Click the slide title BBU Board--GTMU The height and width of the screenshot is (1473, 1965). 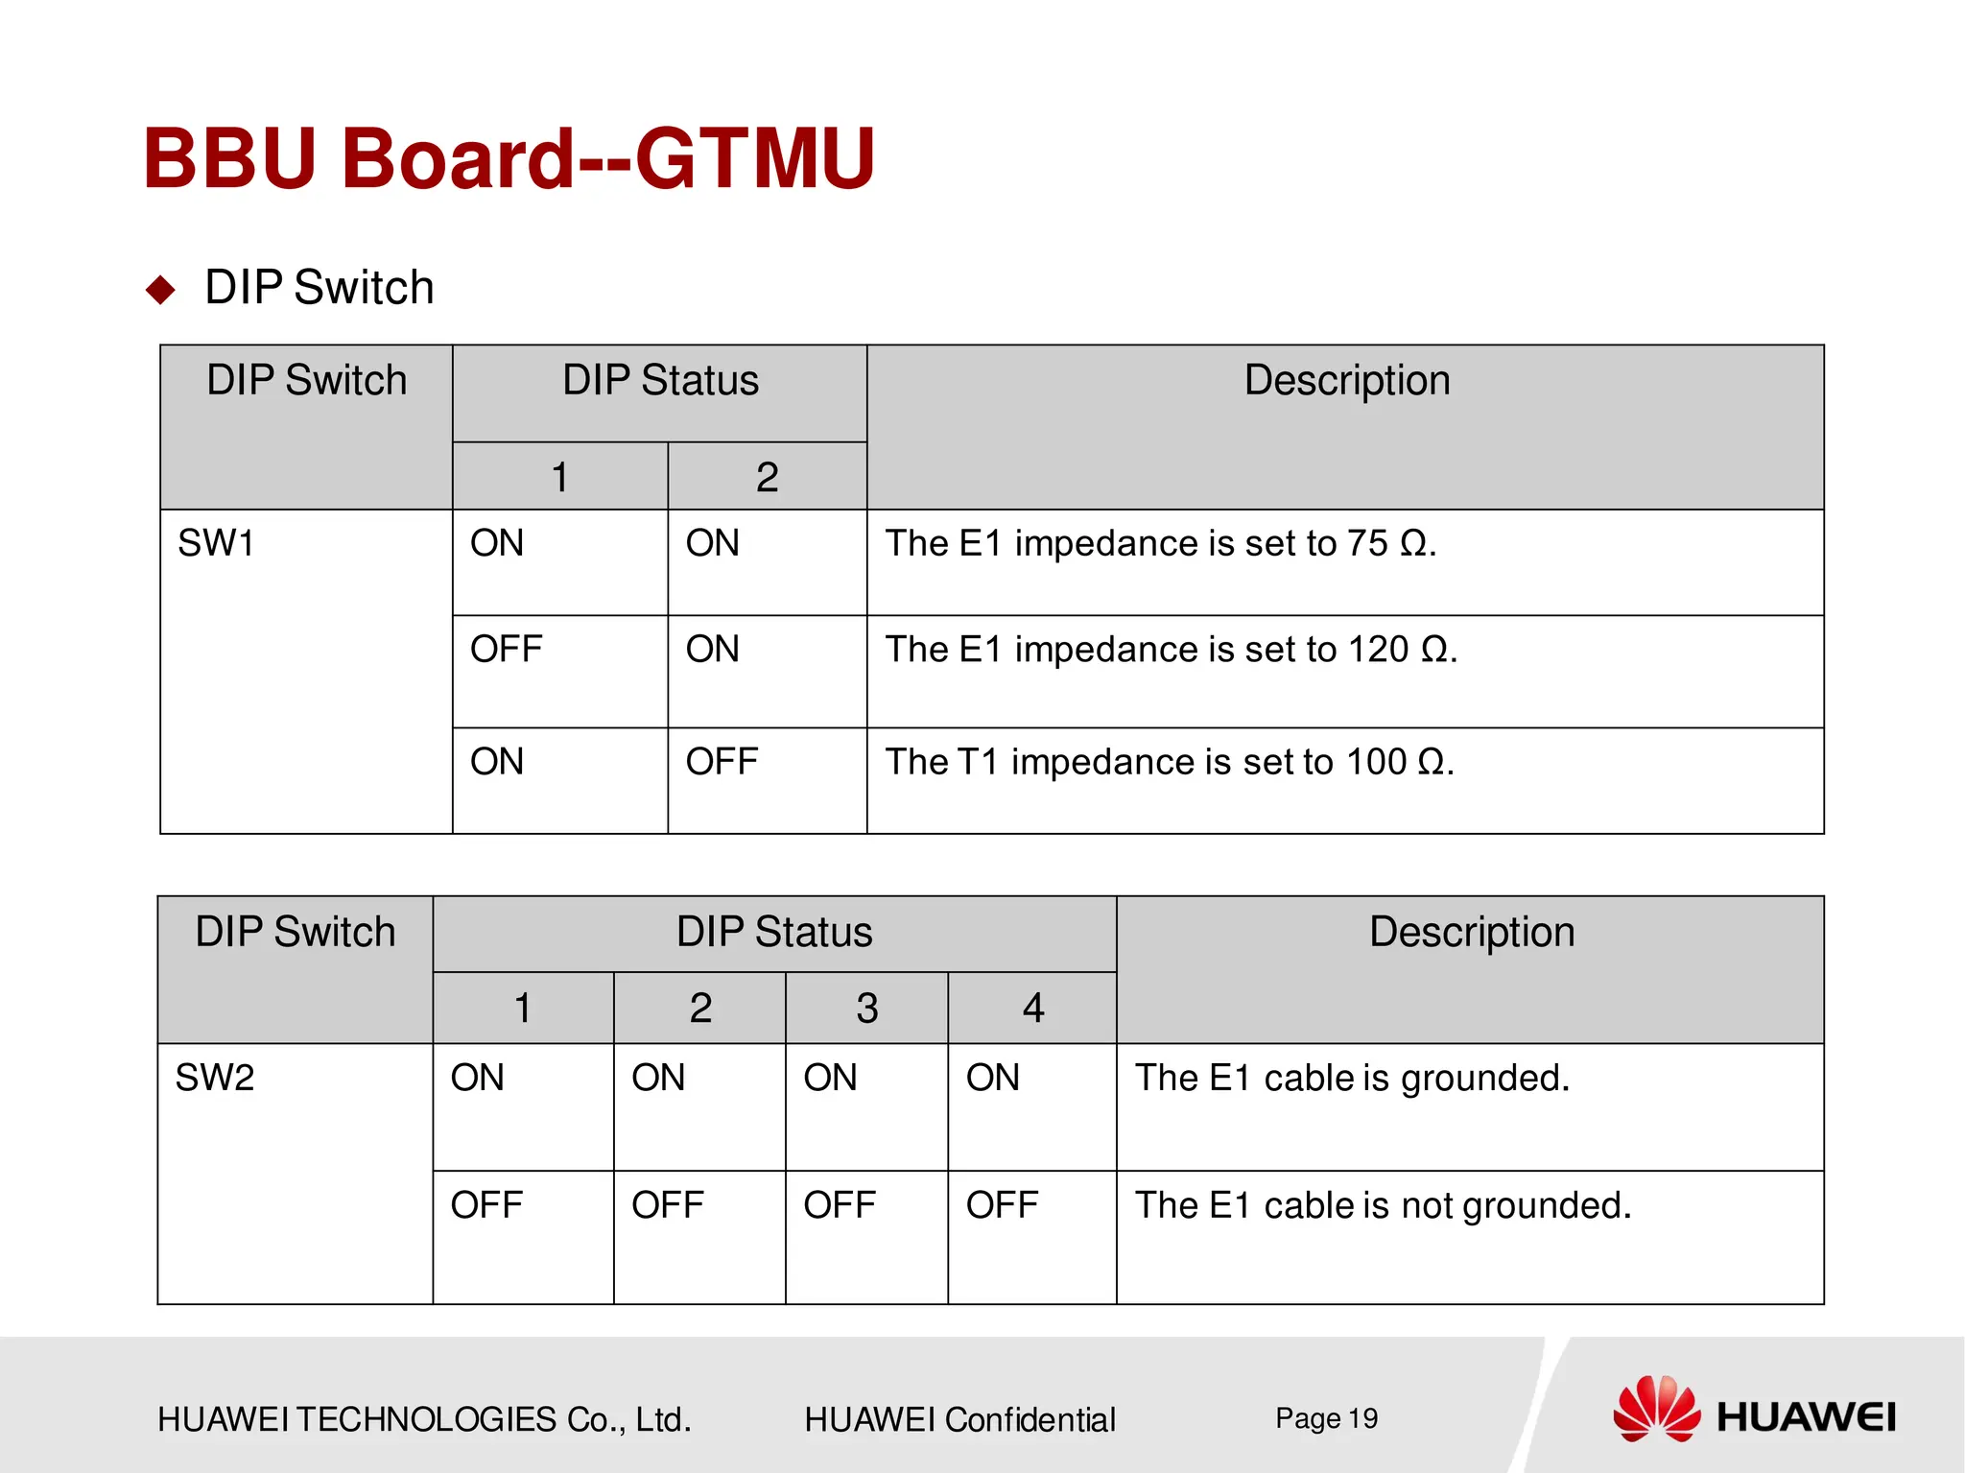click(509, 158)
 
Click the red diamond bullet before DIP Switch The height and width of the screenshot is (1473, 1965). click(160, 289)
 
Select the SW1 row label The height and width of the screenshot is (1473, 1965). click(216, 544)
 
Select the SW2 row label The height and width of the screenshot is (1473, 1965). click(215, 1078)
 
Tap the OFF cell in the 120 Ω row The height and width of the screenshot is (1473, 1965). click(506, 650)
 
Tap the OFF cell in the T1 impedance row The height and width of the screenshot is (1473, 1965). click(722, 762)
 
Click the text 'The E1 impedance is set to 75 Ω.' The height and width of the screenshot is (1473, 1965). click(1160, 544)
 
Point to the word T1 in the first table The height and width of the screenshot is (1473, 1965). click(978, 762)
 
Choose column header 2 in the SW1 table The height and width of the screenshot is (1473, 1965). click(767, 477)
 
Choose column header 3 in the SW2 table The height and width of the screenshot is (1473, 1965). click(866, 1009)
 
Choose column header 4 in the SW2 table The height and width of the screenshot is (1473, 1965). click(1032, 1009)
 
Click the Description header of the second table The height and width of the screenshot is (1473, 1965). click(1471, 932)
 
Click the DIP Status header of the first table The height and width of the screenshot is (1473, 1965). click(660, 380)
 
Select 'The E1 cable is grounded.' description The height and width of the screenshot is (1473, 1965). click(1352, 1078)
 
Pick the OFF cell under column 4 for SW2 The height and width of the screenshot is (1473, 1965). click(1002, 1205)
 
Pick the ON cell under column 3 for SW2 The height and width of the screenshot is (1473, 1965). click(830, 1078)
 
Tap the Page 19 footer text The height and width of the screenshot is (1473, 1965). click(1326, 1418)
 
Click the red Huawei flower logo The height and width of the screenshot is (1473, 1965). click(1656, 1409)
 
